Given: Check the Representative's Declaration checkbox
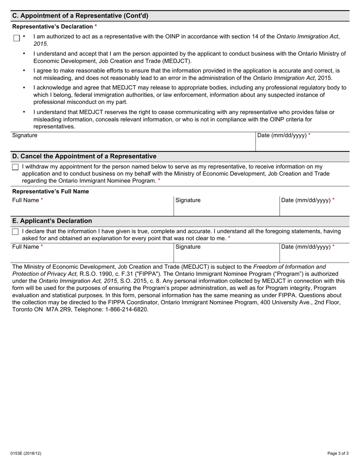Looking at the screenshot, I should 16,38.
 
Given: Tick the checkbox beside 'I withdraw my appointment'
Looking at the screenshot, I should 15,167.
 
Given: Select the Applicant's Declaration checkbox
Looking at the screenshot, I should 15,232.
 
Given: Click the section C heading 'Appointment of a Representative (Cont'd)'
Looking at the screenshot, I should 80,16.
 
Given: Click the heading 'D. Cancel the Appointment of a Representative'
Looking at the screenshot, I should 84,156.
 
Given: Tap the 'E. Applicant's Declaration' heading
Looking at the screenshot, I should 52,221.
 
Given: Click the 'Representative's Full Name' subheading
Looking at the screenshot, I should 51,191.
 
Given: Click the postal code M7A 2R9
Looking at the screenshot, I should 59,310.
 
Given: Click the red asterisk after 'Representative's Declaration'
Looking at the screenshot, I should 96,26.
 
